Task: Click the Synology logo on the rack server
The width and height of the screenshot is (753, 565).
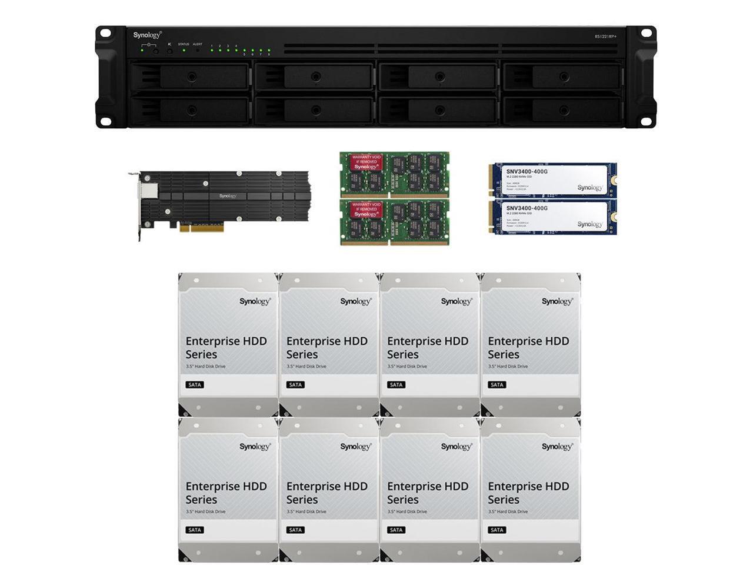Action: (x=146, y=35)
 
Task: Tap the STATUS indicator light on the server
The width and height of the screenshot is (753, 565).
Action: (x=184, y=51)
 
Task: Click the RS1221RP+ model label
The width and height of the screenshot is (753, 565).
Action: (x=605, y=36)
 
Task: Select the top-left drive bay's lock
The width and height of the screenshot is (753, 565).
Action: (x=192, y=77)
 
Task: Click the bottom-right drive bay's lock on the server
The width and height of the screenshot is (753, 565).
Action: (x=564, y=110)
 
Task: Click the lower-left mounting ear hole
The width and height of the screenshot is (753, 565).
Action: (x=105, y=121)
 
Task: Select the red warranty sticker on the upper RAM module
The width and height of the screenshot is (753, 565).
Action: (x=366, y=162)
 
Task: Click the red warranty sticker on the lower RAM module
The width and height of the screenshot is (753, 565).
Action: (x=366, y=210)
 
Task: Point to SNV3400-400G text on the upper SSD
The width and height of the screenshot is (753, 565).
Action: (x=527, y=172)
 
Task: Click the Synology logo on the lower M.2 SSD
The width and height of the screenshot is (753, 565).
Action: (x=589, y=224)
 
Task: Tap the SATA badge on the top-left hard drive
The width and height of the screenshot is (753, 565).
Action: (x=195, y=385)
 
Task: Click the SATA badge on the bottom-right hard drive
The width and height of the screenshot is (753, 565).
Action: (x=497, y=530)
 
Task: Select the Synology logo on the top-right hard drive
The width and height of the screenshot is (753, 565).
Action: (x=557, y=301)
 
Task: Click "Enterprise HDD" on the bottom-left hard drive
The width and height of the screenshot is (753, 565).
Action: (x=226, y=486)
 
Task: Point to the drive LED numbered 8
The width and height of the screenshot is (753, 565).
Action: (x=269, y=51)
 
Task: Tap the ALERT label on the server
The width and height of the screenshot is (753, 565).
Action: (x=198, y=44)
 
